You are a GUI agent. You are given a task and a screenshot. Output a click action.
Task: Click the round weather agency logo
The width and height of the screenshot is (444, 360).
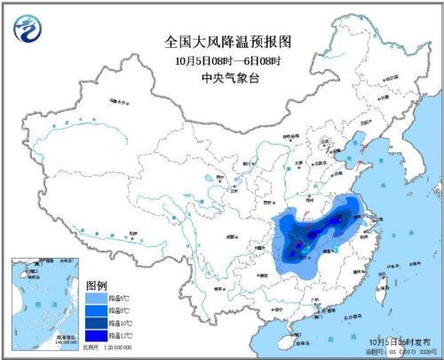[x=28, y=31]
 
